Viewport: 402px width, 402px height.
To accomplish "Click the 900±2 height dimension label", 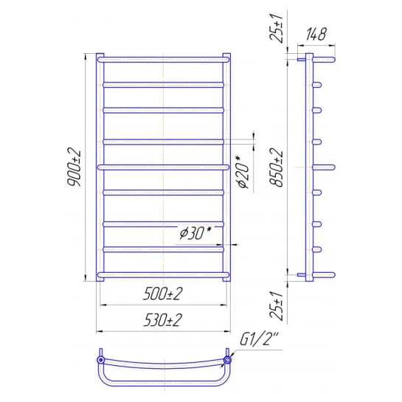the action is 74,167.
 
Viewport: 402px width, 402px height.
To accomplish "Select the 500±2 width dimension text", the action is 163,294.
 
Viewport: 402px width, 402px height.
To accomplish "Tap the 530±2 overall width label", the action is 163,320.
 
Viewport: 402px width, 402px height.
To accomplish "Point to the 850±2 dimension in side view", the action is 277,167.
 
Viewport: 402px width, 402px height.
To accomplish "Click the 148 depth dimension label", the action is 316,34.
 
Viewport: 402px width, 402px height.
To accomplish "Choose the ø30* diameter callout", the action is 195,233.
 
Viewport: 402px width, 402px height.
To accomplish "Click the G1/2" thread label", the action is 259,339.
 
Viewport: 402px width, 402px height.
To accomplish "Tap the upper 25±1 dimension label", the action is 277,28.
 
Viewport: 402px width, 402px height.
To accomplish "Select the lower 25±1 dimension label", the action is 277,305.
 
